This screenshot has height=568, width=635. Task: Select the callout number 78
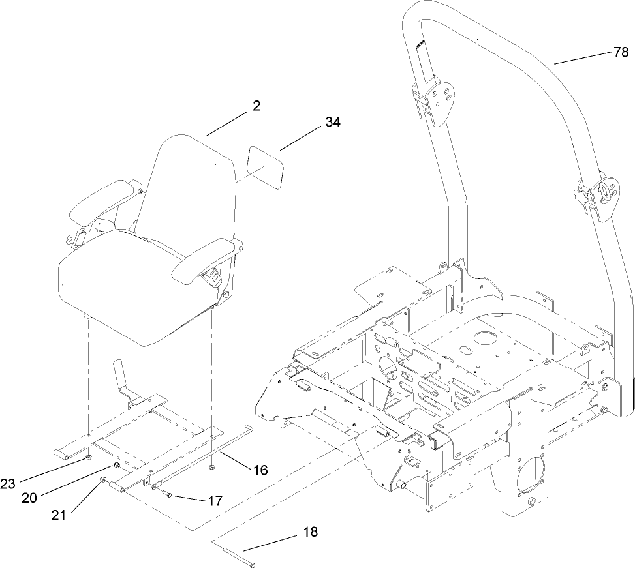621,53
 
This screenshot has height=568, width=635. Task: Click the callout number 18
310,531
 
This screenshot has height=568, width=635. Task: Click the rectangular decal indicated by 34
264,166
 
